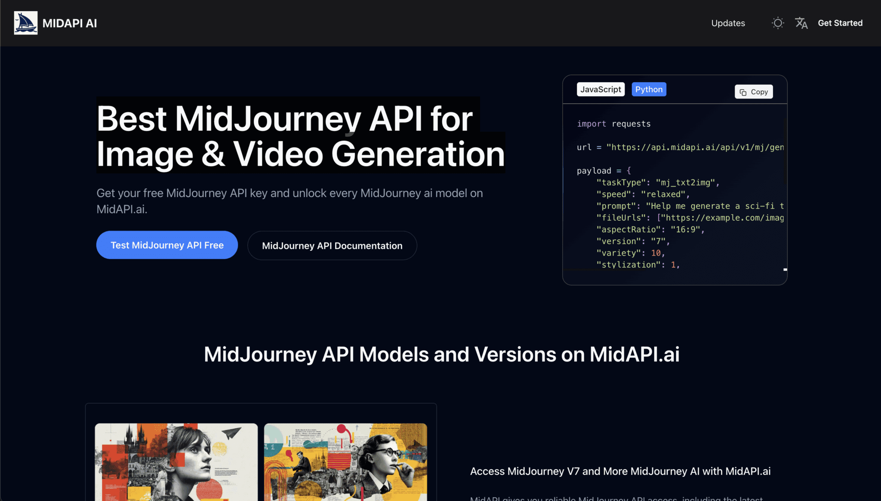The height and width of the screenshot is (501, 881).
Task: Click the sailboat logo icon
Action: pyautogui.click(x=26, y=23)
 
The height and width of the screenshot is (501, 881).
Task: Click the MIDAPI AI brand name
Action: pyautogui.click(x=70, y=23)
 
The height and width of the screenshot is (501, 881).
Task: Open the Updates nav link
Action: pyautogui.click(x=728, y=23)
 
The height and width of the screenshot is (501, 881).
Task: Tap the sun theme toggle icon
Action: pyautogui.click(x=777, y=23)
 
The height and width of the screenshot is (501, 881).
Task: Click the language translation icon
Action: pyautogui.click(x=801, y=23)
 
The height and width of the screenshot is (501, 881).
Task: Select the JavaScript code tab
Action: pyautogui.click(x=601, y=90)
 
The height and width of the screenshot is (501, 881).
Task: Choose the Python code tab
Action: pyautogui.click(x=649, y=90)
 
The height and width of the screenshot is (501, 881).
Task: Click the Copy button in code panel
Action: pyautogui.click(x=754, y=92)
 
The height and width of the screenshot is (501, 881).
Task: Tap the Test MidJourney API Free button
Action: pyautogui.click(x=167, y=245)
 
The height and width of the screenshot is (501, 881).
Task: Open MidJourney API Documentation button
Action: pyautogui.click(x=332, y=246)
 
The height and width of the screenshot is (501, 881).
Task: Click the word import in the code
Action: pyautogui.click(x=591, y=124)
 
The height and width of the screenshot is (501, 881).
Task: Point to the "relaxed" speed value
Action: pyautogui.click(x=663, y=195)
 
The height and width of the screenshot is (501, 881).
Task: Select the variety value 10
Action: pyautogui.click(x=656, y=253)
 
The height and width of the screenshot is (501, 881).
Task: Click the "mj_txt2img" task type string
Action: pyautogui.click(x=685, y=183)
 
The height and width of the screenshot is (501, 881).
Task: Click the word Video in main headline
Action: pyautogui.click(x=278, y=154)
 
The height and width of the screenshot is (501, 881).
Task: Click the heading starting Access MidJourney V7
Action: pyautogui.click(x=620, y=471)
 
